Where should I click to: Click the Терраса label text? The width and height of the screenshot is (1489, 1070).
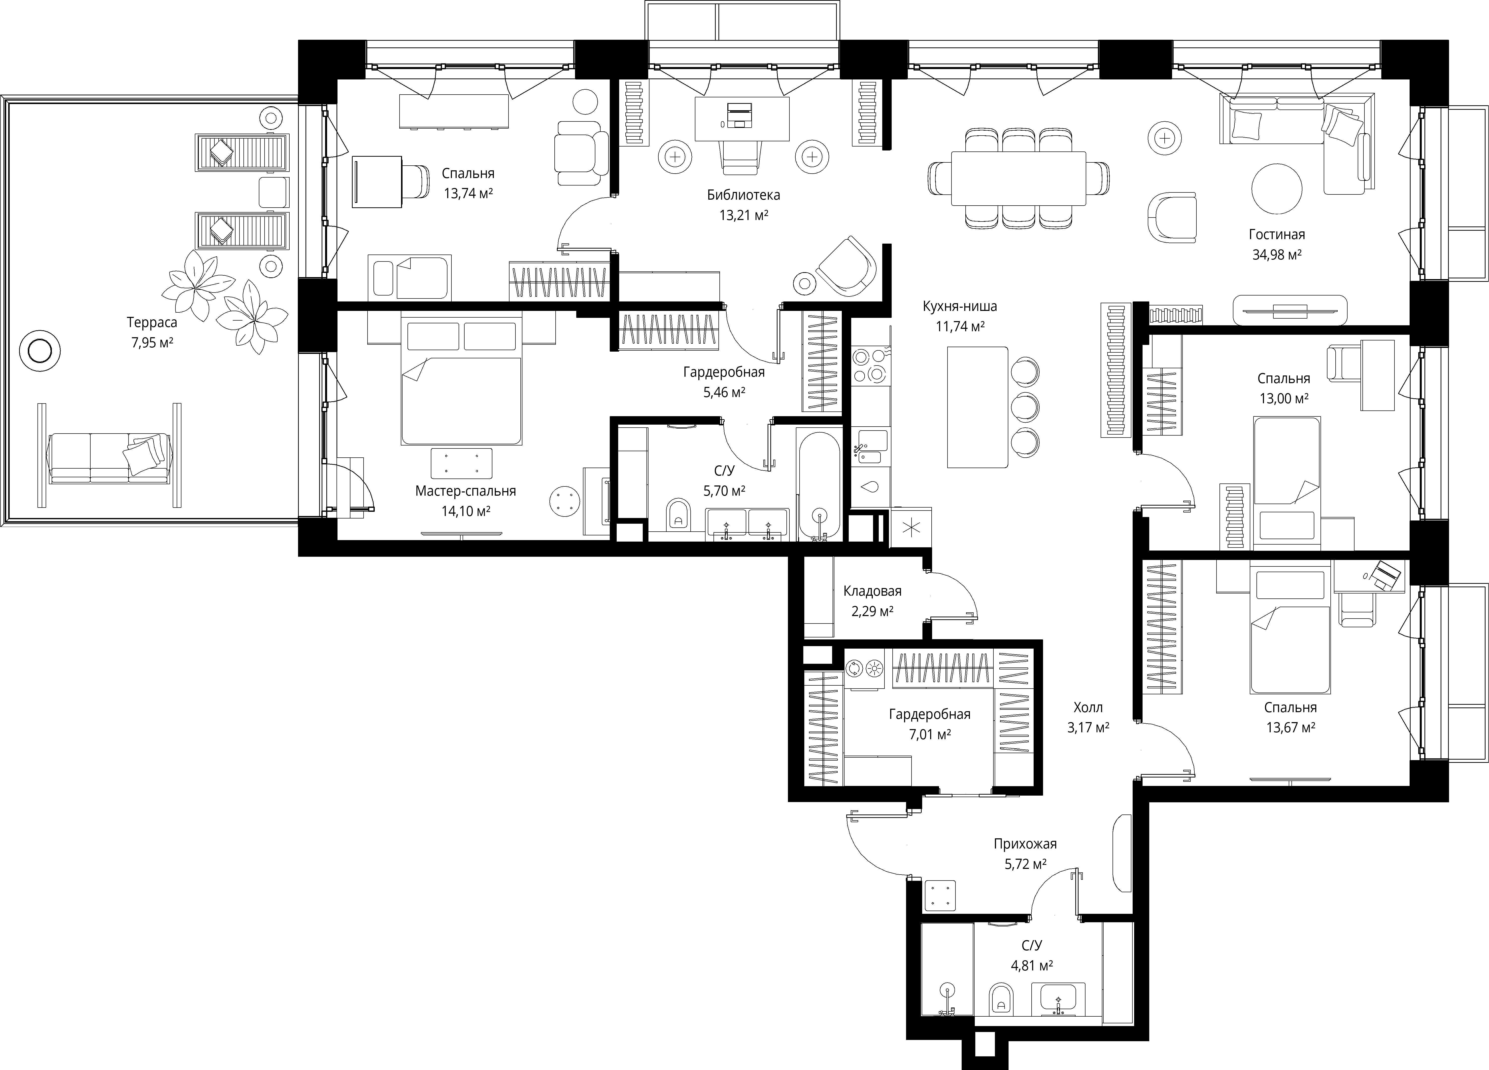[152, 323]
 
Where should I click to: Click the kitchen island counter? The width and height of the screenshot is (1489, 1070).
[978, 407]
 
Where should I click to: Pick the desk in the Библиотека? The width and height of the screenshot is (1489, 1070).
[742, 118]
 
